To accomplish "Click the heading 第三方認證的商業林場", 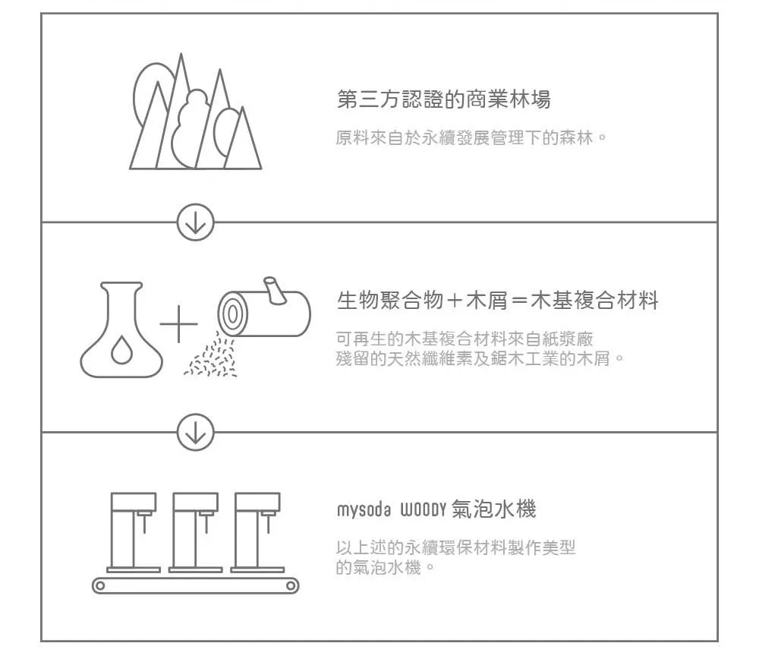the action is point(443,99).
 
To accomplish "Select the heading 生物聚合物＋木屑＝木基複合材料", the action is point(498,300).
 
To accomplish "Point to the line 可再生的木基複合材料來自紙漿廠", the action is point(465,339).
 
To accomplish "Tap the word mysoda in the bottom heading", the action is point(364,510).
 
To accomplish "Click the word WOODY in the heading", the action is point(423,510).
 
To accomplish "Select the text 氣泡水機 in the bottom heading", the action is point(493,509).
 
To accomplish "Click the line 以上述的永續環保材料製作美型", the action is point(455,547).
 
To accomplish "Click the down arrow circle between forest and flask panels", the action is point(196,222).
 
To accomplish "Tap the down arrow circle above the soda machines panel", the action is point(196,431).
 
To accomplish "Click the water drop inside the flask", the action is point(121,350).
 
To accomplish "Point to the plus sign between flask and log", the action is point(178,324).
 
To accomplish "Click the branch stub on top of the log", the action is point(275,290).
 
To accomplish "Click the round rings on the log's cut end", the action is point(232,314).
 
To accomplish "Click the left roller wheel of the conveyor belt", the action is point(99,585).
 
